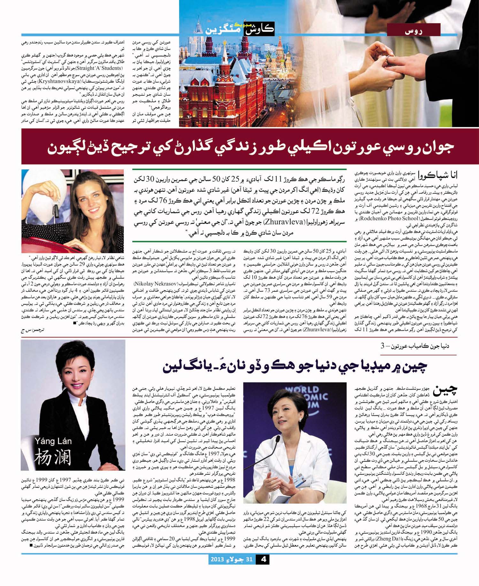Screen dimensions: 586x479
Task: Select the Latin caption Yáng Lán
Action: [53, 441]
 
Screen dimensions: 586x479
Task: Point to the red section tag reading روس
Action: [414, 31]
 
